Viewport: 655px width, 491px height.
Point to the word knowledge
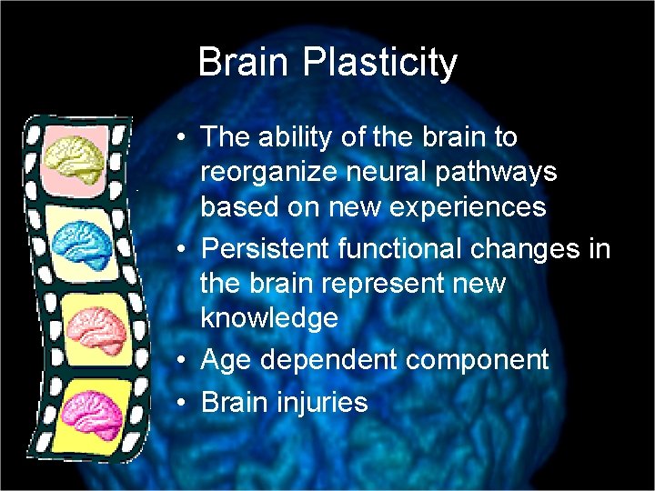269,318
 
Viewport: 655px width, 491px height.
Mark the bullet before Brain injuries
184,402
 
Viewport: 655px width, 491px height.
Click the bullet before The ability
184,138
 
